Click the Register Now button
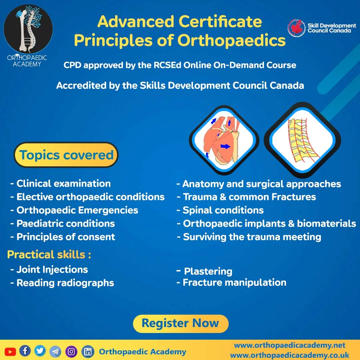[x=180, y=323]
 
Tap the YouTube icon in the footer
[x=10, y=351]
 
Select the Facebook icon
[x=25, y=351]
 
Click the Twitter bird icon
[x=40, y=351]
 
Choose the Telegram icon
[x=55, y=351]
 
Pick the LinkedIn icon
[x=88, y=352]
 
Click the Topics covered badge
[x=66, y=155]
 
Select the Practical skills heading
[x=49, y=255]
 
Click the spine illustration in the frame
[x=302, y=140]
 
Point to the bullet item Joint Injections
[x=52, y=269]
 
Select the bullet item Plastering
[x=208, y=271]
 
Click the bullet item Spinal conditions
[x=223, y=210]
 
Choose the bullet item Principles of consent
[x=66, y=237]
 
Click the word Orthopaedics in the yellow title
[x=231, y=41]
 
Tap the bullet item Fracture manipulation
[x=234, y=283]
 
